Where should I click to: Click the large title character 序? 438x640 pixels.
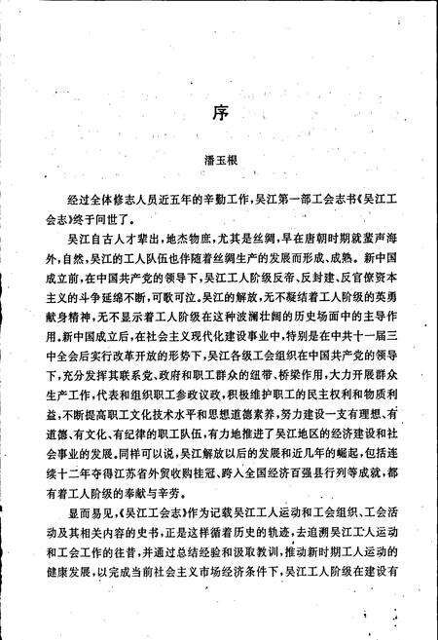(x=219, y=110)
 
